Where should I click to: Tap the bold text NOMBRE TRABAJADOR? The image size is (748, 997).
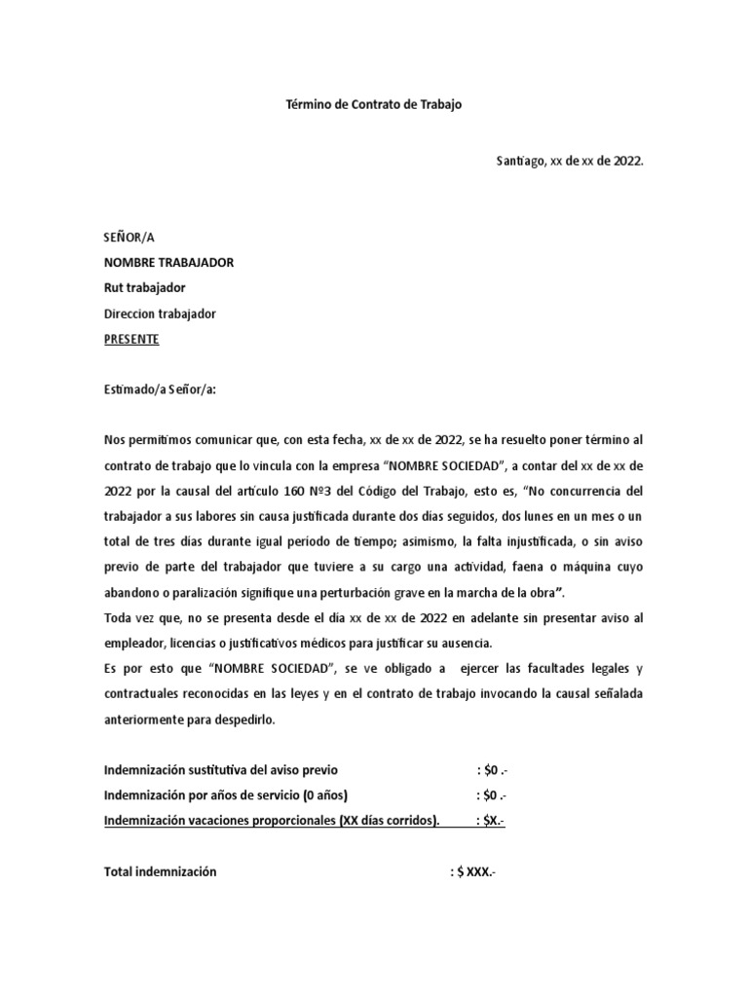point(168,263)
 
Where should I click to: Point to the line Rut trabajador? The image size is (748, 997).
point(144,288)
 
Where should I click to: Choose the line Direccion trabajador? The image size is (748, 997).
point(160,314)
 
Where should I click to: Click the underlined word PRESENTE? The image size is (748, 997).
point(131,339)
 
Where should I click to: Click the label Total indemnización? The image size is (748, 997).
point(160,871)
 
